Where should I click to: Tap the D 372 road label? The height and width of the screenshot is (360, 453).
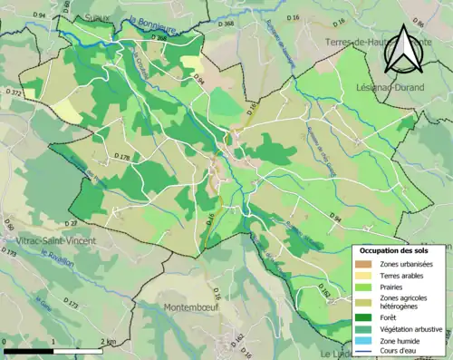(x=14, y=92)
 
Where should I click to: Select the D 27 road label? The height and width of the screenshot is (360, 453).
(x=72, y=223)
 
